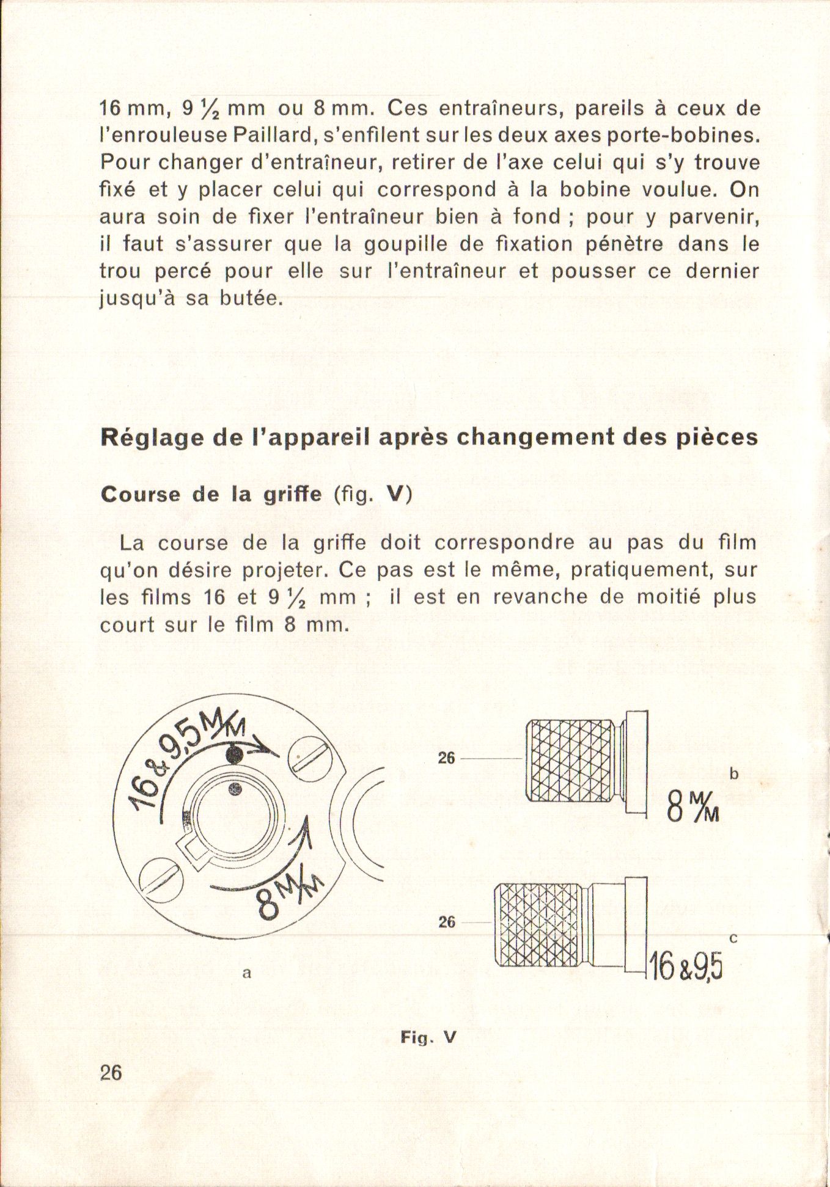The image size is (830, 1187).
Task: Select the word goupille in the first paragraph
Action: point(402,244)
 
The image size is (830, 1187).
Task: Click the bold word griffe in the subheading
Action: point(292,494)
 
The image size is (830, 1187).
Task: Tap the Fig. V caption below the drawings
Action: point(428,1037)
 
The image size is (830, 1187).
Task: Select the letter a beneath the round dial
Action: point(246,973)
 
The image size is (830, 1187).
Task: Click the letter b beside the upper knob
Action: point(734,774)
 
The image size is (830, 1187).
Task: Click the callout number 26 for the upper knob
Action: point(447,758)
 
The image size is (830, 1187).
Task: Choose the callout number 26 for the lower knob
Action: point(447,922)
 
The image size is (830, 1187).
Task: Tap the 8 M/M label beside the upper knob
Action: point(692,806)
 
